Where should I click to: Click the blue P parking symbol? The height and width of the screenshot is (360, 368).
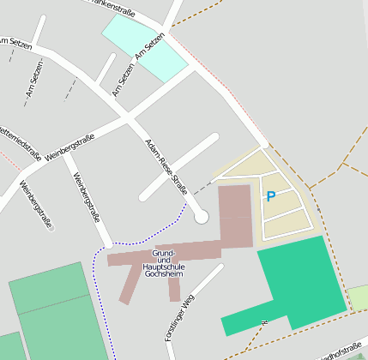(271, 196)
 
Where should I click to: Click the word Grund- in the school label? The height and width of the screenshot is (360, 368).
(163, 254)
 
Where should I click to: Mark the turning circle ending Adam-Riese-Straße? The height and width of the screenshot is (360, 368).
(202, 217)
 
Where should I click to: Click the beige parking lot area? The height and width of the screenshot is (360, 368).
(283, 214)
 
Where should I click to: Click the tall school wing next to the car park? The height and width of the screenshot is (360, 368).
(235, 214)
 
